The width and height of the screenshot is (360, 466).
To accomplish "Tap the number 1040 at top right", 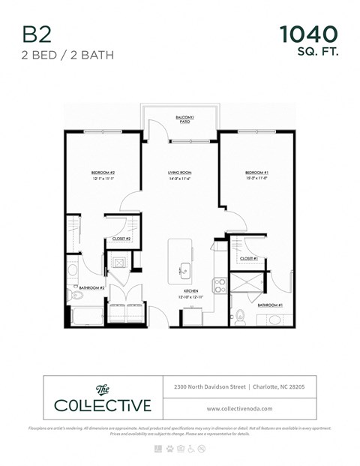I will click(x=308, y=34).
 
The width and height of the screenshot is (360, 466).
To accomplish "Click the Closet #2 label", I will click(x=121, y=239).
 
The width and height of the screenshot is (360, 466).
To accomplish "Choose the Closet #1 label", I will click(x=249, y=259).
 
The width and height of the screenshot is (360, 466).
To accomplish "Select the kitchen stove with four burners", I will click(x=221, y=284).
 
